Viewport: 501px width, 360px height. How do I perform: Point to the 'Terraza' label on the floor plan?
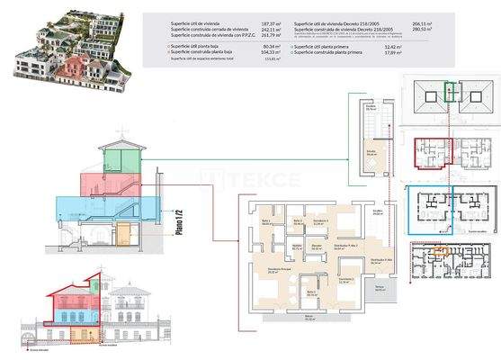[380, 287]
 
